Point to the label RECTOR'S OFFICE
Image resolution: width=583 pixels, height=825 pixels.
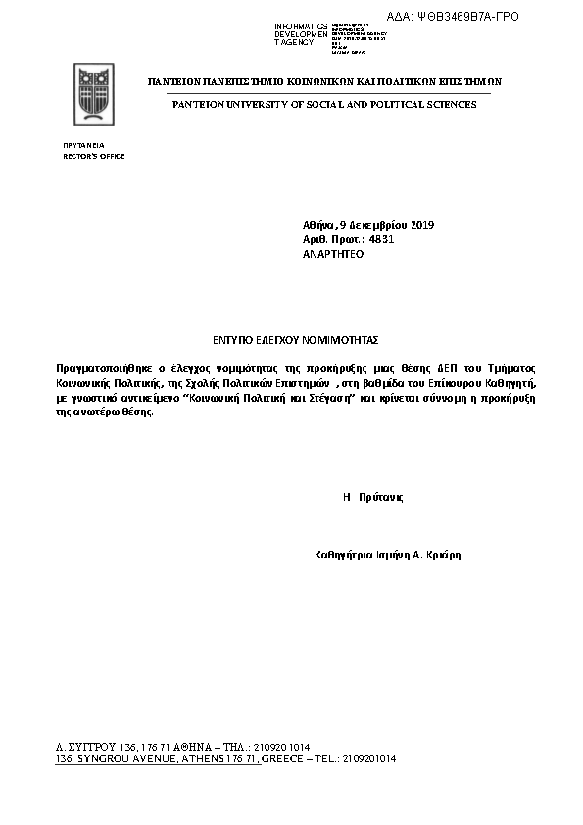pos(94,156)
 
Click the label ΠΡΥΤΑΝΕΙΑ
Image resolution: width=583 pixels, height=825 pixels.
pos(83,145)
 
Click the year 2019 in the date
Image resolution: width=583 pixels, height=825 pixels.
pos(422,226)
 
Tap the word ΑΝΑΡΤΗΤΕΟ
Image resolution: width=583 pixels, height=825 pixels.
pos(333,253)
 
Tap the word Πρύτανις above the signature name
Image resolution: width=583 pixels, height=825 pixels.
pos(380,497)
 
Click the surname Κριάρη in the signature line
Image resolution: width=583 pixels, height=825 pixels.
pos(442,555)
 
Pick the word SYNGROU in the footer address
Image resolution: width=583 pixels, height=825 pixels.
pos(101,759)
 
